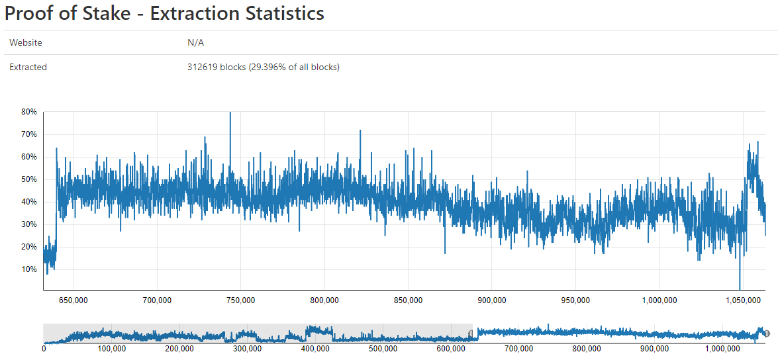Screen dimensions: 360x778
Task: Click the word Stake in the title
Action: click(x=105, y=13)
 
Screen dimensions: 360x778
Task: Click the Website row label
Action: click(x=26, y=42)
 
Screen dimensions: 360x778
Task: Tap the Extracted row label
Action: click(x=28, y=67)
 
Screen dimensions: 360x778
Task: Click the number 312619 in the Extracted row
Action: click(x=203, y=67)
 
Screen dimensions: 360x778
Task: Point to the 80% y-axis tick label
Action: click(x=28, y=112)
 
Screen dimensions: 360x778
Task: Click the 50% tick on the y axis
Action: click(x=28, y=179)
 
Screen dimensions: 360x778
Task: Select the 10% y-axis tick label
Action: click(x=28, y=269)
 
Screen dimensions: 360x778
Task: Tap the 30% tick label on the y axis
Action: click(x=28, y=224)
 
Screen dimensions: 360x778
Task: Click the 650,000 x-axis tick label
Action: click(x=73, y=300)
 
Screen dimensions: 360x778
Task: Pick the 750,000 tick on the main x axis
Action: click(x=241, y=300)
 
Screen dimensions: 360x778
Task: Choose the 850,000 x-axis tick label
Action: click(x=408, y=300)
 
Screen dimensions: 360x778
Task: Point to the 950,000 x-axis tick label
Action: click(x=575, y=300)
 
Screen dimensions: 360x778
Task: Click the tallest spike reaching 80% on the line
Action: click(x=230, y=114)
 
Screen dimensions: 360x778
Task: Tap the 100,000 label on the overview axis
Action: click(x=111, y=349)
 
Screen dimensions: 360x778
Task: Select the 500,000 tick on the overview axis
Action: click(x=383, y=349)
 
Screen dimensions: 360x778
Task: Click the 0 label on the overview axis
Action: click(x=44, y=349)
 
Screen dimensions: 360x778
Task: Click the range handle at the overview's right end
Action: click(x=767, y=333)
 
